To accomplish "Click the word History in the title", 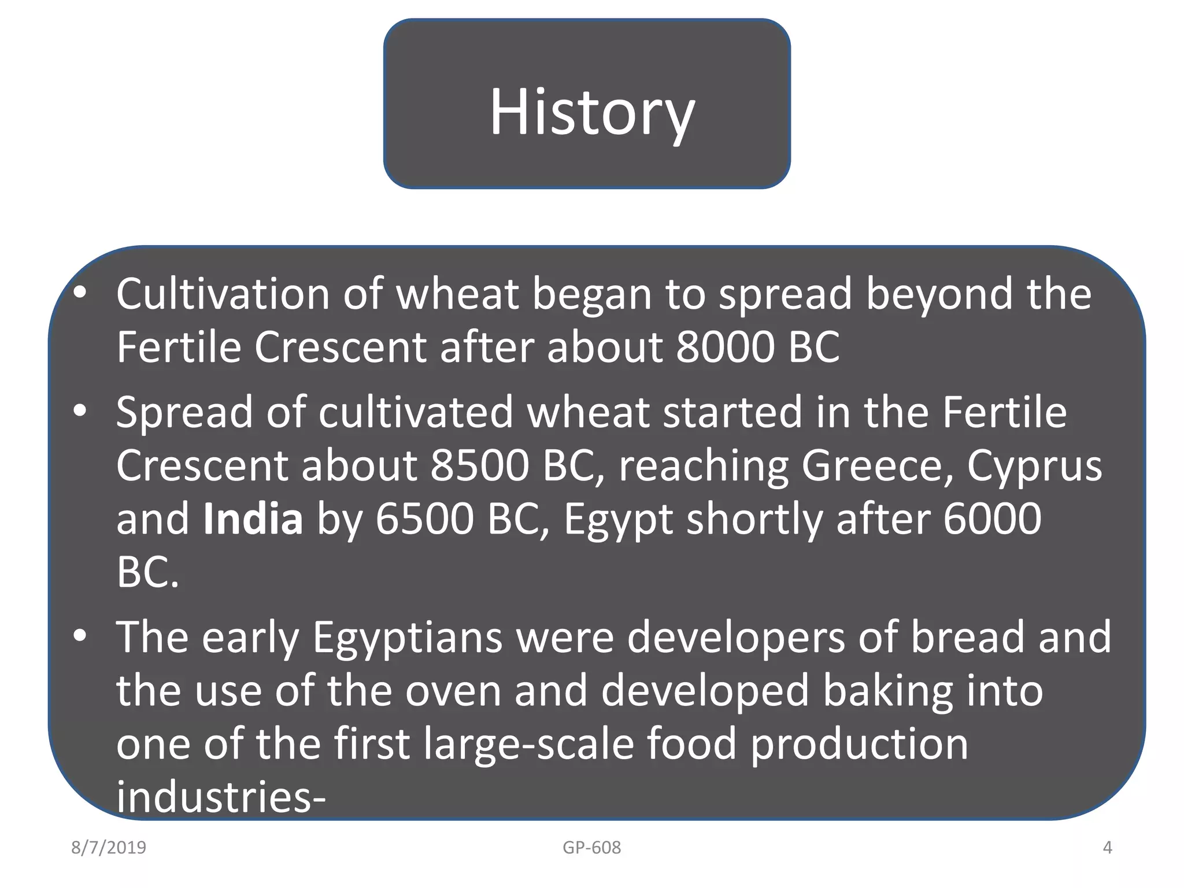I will pos(592,112).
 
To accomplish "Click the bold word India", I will pos(253,519).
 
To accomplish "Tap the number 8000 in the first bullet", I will pos(724,347).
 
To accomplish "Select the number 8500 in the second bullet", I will pos(480,465).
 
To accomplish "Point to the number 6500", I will pos(425,519).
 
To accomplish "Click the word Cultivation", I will pos(223,294).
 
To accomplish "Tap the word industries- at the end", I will pos(221,797).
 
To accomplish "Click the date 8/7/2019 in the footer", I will pos(109,848).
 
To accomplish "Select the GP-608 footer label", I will pos(591,848).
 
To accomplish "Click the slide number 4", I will pos(1107,848).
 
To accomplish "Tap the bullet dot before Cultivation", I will pos(80,294).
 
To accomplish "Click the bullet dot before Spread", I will pos(80,412).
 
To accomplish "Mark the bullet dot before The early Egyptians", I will pos(80,637).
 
